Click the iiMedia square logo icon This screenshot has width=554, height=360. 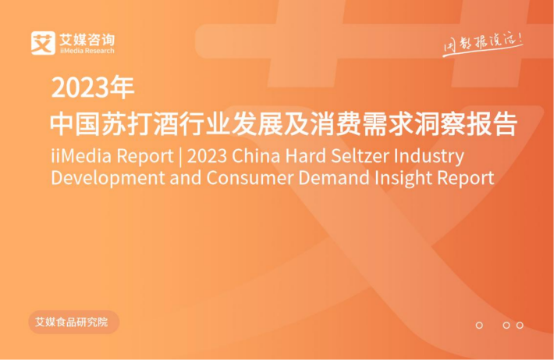tap(43, 43)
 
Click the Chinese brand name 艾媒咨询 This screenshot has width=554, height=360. tap(87, 40)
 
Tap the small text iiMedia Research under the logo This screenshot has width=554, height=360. tap(87, 51)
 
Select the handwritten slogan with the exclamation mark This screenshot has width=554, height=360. tap(483, 45)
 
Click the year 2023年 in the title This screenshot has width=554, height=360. tap(93, 87)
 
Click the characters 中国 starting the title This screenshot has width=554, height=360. tap(76, 124)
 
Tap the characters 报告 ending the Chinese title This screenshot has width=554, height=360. tap(492, 124)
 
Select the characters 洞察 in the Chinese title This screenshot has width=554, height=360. tap(440, 124)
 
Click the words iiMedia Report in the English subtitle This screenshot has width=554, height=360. tap(112, 156)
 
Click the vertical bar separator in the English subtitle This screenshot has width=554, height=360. tap(180, 156)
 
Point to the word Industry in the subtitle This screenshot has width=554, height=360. tap(429, 157)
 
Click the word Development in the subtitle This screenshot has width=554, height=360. tap(108, 178)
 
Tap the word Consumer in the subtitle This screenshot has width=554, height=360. tap(250, 177)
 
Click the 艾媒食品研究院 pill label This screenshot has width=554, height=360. tap(74, 323)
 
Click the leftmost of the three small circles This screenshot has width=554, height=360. tap(479, 325)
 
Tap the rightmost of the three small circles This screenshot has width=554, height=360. tap(520, 325)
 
